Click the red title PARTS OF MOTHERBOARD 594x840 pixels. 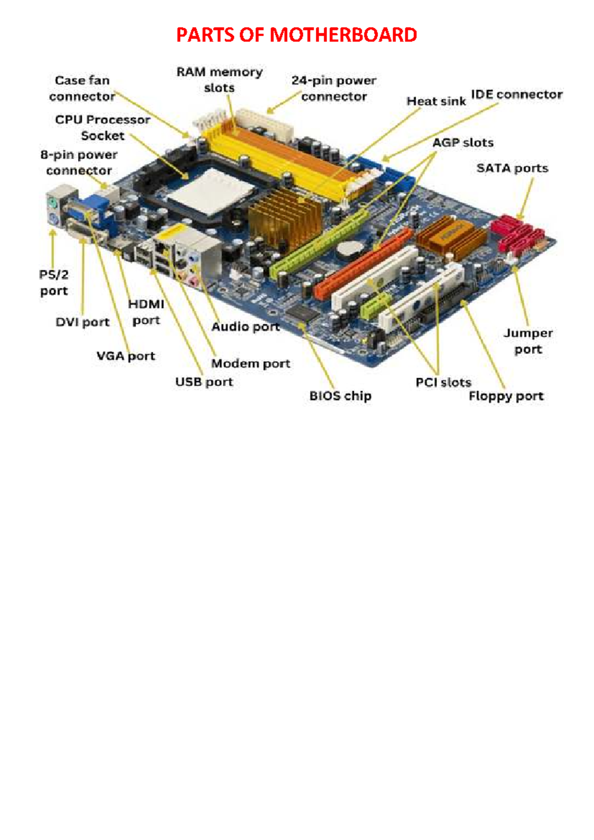297,35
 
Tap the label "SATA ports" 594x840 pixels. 512,168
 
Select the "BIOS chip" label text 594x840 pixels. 340,396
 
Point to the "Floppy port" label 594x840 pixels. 506,396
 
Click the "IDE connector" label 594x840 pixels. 516,95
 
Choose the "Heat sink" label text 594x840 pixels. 436,101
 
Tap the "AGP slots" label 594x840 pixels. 463,143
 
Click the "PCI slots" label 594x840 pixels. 444,382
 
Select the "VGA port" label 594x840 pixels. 126,356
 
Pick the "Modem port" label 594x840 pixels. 250,364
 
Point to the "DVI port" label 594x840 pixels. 83,322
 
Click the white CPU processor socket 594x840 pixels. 210,192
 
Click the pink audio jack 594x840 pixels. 193,281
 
